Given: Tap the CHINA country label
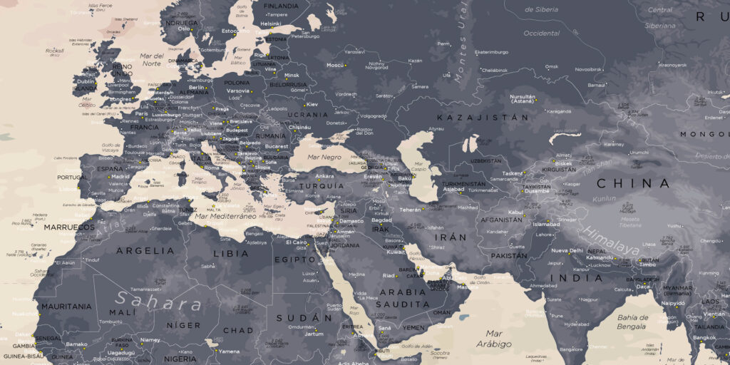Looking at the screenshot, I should point(633,184).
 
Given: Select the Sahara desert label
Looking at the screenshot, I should point(159,300).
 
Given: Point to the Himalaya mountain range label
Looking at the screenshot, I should point(612,241).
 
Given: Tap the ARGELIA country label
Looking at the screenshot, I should point(145,251).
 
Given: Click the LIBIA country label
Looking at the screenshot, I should point(230,253).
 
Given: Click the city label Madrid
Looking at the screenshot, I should point(120,176).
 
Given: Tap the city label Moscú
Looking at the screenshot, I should point(335,65).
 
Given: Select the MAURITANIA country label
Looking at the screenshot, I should point(66,307).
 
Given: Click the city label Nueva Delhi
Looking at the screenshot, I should point(567,251).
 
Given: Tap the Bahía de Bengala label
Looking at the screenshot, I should point(632,322).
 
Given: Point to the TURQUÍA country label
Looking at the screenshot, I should point(321,186).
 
